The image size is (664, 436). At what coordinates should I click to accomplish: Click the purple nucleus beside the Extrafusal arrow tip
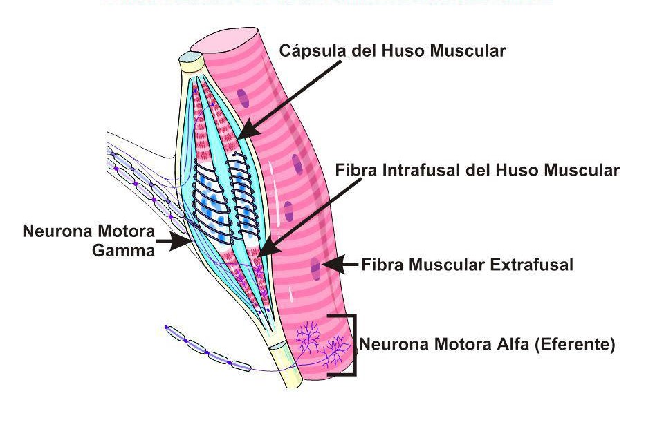(x=315, y=265)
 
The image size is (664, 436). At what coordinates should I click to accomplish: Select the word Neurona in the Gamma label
(x=58, y=231)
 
